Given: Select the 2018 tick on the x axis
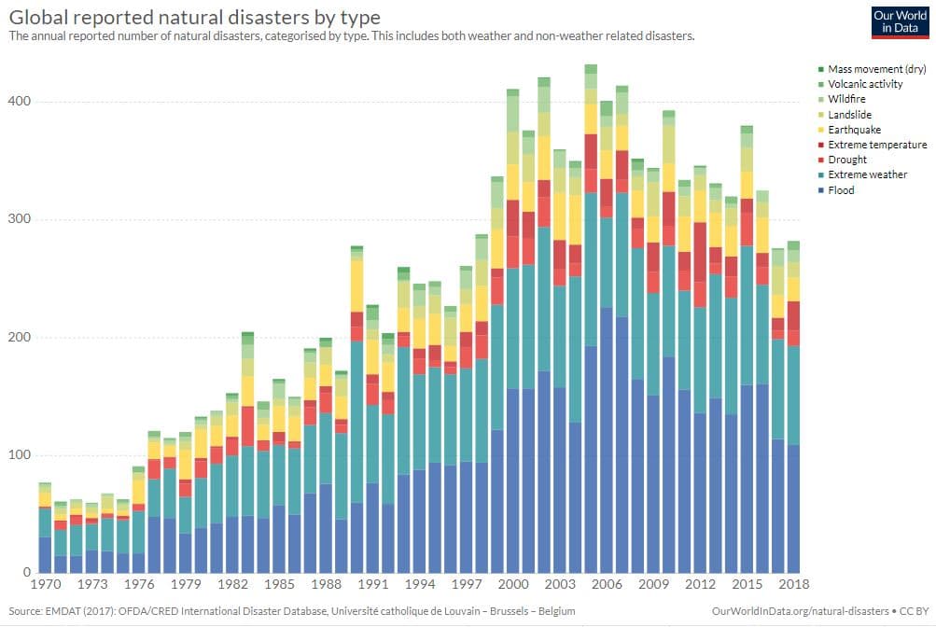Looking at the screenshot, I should click(794, 584).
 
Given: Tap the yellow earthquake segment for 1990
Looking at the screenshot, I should click(356, 286).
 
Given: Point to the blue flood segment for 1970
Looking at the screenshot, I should click(44, 555).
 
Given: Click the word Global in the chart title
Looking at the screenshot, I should click(39, 18).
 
